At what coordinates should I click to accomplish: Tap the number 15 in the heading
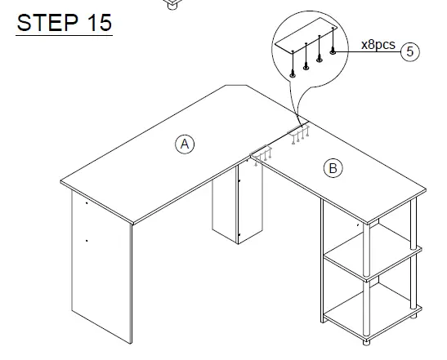click(96, 22)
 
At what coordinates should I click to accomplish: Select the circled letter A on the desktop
click(185, 144)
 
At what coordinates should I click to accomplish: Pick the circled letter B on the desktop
click(333, 168)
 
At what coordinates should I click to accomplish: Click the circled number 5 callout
click(411, 51)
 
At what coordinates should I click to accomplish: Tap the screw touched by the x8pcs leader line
click(333, 51)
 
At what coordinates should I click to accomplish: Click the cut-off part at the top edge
click(172, 4)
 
